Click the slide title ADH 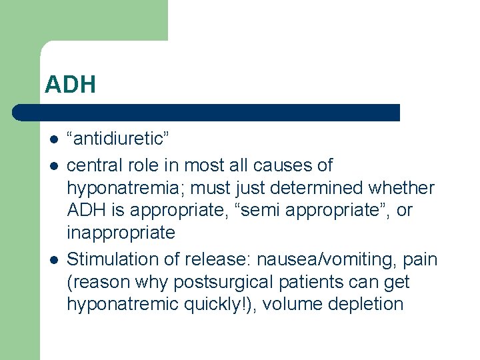(x=71, y=85)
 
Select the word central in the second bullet (x=90, y=165)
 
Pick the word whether (x=409, y=188)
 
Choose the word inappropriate (x=121, y=233)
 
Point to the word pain (x=420, y=259)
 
